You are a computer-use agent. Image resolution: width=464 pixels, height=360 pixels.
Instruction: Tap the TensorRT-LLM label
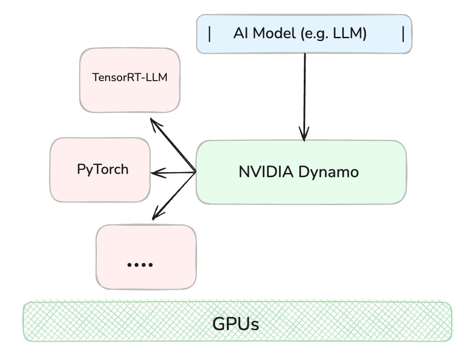click(x=130, y=78)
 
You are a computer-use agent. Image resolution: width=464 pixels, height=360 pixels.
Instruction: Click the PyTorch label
click(x=102, y=169)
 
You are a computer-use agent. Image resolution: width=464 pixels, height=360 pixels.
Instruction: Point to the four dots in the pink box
click(x=140, y=264)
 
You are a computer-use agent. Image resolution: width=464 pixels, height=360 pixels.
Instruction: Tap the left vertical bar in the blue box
click(x=210, y=34)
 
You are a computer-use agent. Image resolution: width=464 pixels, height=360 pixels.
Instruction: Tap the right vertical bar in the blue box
click(x=403, y=34)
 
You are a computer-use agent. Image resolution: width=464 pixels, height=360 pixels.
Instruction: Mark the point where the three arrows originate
click(x=195, y=173)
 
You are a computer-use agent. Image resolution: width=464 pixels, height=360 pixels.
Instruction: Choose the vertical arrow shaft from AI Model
click(x=305, y=93)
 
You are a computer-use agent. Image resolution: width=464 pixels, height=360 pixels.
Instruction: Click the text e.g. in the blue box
click(x=317, y=34)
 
